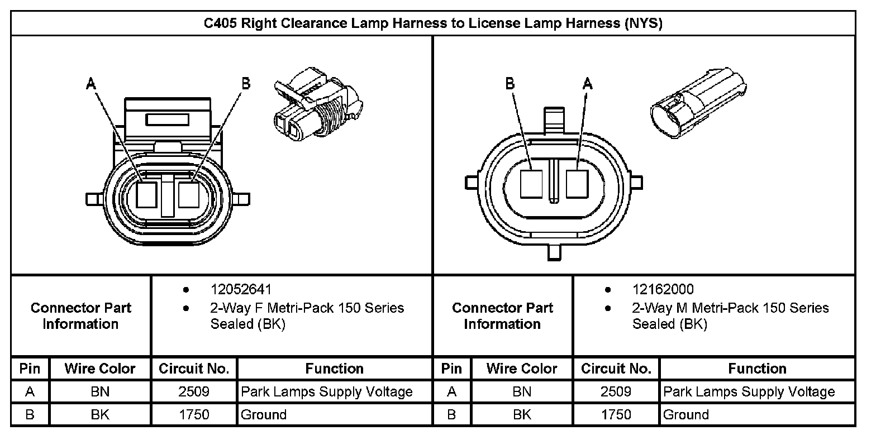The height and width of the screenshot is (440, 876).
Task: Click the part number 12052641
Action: [241, 289]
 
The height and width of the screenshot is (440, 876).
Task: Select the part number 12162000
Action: [663, 289]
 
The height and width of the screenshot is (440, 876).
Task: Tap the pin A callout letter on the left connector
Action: [91, 84]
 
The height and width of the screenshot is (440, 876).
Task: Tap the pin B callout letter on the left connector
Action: [245, 84]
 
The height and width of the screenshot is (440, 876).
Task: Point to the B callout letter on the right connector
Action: [510, 84]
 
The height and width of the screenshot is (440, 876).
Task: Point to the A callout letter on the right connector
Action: [587, 84]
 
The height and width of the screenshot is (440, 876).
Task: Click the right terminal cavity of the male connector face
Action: [577, 184]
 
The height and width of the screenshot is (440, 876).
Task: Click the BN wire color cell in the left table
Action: [100, 392]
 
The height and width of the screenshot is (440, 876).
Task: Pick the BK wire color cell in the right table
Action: [522, 415]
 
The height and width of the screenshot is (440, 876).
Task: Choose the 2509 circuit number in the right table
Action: [616, 392]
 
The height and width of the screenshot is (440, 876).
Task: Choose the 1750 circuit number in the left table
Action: [194, 415]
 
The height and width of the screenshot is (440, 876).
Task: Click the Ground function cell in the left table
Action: [263, 415]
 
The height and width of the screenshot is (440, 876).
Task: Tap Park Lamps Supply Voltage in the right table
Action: [749, 392]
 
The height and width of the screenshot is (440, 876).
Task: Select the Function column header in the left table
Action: [334, 369]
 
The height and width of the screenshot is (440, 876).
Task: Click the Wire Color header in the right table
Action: [522, 369]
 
